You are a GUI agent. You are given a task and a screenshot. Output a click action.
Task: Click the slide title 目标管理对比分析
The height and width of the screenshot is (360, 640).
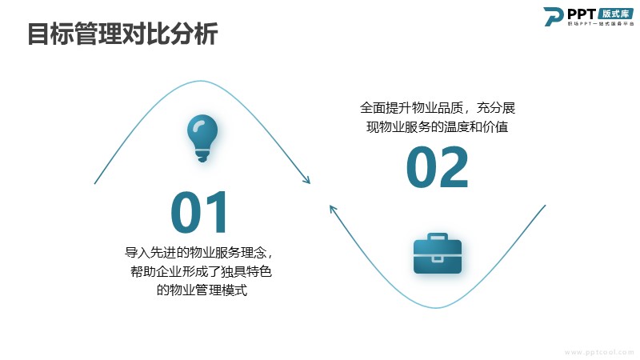pos(122,34)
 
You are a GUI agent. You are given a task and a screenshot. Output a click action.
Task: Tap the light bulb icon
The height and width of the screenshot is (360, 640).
pos(202,138)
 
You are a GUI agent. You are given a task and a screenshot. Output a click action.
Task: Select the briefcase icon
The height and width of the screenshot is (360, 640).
pos(437,254)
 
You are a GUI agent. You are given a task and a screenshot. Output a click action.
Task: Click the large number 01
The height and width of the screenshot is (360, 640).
pos(198,212)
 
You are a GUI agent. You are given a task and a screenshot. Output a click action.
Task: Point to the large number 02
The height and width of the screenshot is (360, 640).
pos(437,167)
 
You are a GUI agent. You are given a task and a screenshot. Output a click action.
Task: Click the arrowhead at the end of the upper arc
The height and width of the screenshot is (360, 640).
pos(307,180)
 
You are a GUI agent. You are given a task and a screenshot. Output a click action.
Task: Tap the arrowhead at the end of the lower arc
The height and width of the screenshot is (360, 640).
pos(333,209)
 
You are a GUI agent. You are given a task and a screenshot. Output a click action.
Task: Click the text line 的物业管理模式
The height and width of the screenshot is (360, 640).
pos(202,290)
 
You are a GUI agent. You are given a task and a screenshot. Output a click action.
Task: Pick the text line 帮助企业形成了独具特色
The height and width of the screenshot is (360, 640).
pos(201,271)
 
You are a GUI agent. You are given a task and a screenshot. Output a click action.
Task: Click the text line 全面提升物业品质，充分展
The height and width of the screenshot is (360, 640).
pos(438,108)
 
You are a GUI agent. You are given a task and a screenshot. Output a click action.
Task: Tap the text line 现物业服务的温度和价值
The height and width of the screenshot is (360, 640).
pos(437,127)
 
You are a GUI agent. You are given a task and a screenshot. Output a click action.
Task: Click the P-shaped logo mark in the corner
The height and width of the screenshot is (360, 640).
pos(553,16)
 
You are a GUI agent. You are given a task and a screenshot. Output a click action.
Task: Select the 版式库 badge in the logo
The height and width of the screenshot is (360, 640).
pos(615,14)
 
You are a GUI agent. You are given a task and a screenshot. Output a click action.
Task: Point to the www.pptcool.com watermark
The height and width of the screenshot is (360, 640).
pos(598,352)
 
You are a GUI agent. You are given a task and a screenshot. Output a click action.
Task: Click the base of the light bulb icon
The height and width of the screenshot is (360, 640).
pos(202,155)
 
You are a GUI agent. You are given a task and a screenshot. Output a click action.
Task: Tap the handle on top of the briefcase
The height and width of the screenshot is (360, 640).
pos(437,237)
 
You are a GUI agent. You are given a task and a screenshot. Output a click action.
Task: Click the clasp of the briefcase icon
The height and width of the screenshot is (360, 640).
pos(437,258)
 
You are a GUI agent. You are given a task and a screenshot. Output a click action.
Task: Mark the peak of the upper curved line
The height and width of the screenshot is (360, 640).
pos(200,81)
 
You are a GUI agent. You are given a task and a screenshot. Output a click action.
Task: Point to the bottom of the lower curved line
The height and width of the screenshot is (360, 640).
pos(436,307)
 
